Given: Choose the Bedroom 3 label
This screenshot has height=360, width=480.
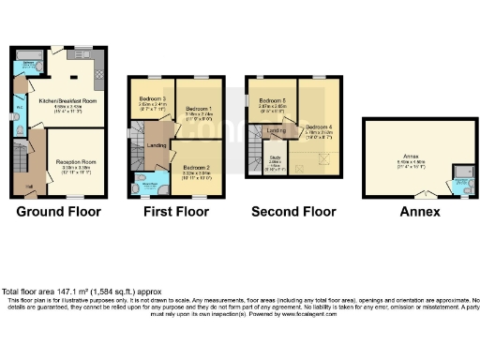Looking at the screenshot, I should click(x=152, y=99).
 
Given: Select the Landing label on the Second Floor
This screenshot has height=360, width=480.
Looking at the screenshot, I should click(x=276, y=130).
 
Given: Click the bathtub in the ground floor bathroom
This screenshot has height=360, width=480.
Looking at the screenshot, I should click(x=25, y=67).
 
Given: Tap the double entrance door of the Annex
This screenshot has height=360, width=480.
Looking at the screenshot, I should click(x=419, y=193).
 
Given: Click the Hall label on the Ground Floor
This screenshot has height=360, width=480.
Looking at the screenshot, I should click(x=30, y=187).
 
